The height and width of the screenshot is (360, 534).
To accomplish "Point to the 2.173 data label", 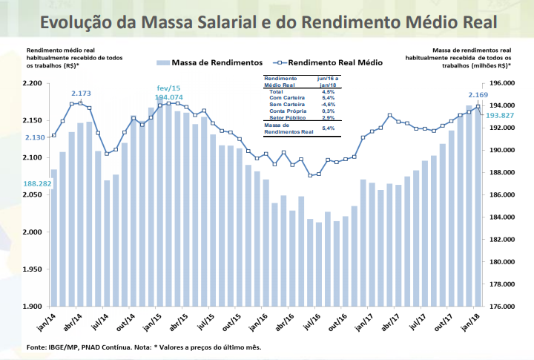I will coord(81,94).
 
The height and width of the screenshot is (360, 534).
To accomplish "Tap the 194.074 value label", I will coord(168,97).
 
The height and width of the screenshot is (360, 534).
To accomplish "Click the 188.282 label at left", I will coord(36,183).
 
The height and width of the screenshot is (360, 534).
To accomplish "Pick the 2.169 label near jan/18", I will coord(478,95).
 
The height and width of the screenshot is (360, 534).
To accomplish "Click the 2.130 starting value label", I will coord(35,137).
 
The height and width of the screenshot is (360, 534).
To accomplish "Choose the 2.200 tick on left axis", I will coord(33,83).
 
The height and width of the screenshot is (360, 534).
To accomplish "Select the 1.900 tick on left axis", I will coord(33,307).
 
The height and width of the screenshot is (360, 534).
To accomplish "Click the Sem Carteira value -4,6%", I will coord(327,105).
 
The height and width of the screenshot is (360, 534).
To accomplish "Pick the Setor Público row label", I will coord(287,118).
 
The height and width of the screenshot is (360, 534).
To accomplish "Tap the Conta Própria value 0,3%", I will coord(327,111).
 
